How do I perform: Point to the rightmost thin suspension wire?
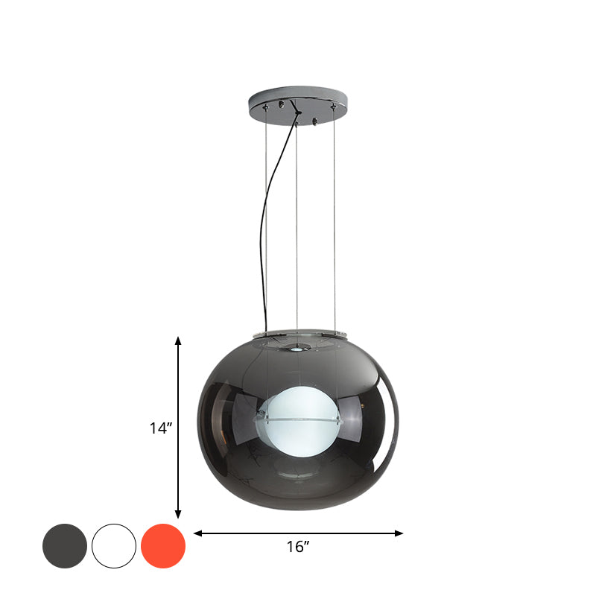click(335, 223)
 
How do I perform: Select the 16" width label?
click(298, 548)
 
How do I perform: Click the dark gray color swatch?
click(65, 546)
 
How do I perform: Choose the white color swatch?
click(114, 546)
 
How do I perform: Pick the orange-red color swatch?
click(163, 546)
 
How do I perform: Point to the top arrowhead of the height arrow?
click(178, 341)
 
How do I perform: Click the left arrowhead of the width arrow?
click(198, 533)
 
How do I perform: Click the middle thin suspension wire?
click(297, 223)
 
